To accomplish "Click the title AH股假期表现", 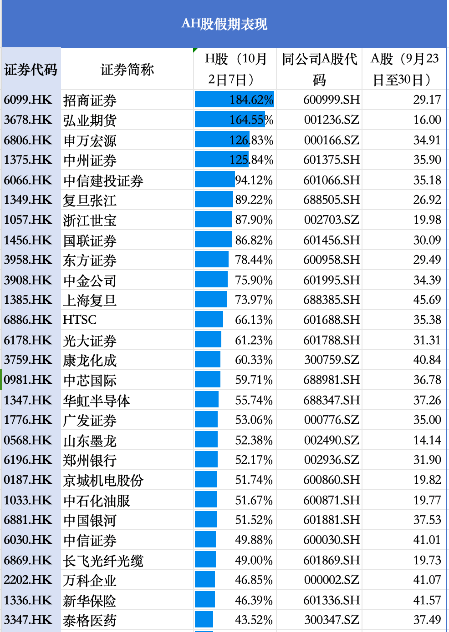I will (x=224, y=24).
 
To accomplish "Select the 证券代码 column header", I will (x=31, y=70).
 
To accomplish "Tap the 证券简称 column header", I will (x=127, y=70).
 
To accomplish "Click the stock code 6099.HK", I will (x=28, y=100).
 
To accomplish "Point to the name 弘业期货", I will (x=90, y=120).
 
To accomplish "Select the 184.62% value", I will (x=251, y=100).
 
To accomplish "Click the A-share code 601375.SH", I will (x=332, y=160).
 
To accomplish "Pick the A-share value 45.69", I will (x=427, y=300).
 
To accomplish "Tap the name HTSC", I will (x=80, y=320).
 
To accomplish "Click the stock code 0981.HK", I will (x=28, y=380).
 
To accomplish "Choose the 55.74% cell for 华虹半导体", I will (x=254, y=400).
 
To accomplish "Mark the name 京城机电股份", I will (x=103, y=480).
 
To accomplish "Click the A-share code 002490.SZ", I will (x=332, y=440).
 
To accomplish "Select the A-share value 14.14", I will (x=427, y=440).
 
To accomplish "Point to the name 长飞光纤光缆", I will (x=103, y=560).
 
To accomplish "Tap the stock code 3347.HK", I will (x=28, y=620).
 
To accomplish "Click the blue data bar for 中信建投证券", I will (x=214, y=180).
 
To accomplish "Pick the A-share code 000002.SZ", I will (x=332, y=580).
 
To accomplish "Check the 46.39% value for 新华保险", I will (x=254, y=600).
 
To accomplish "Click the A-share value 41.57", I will (x=427, y=600).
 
